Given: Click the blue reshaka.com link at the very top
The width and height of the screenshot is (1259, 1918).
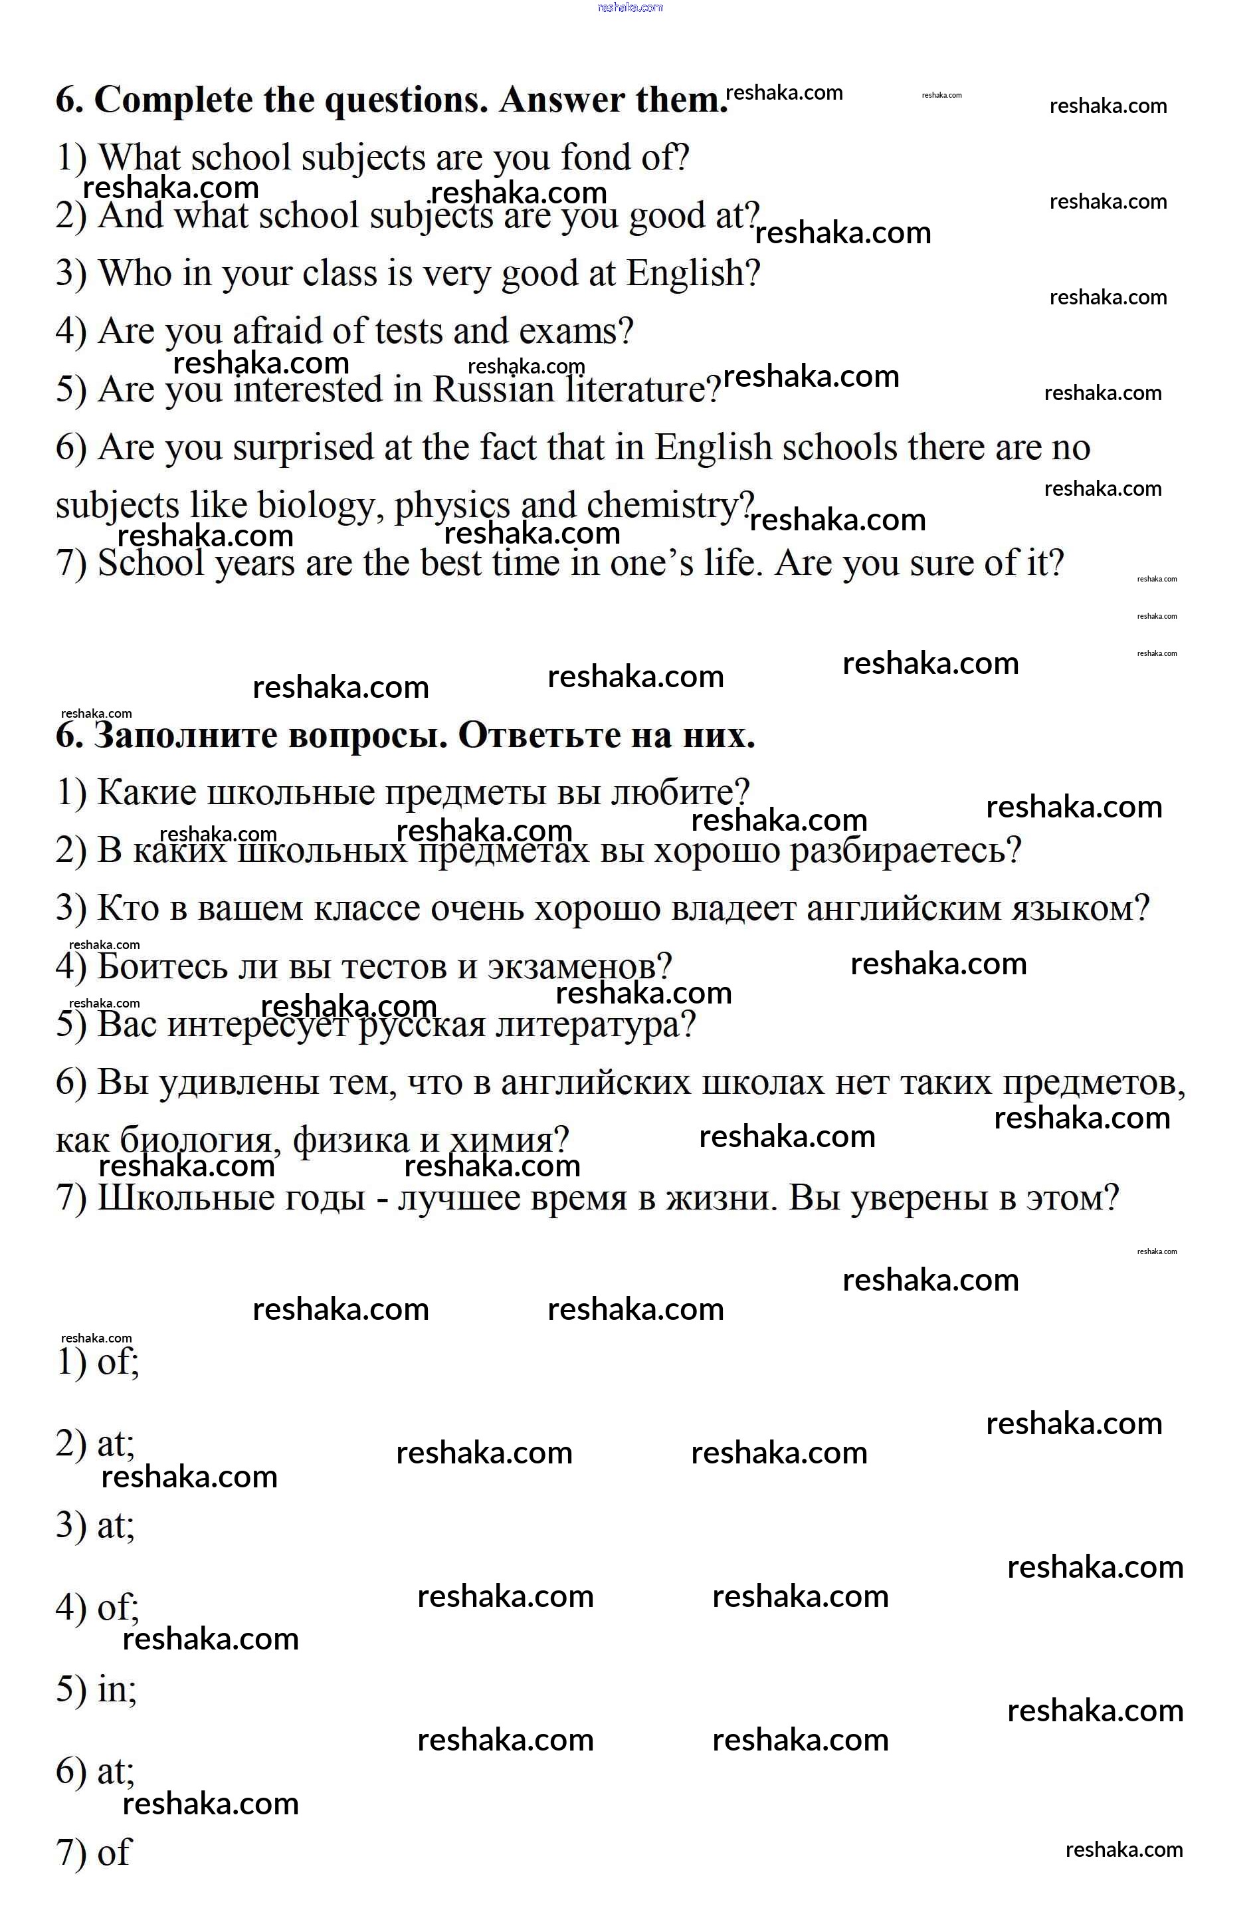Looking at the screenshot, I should [x=630, y=7].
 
